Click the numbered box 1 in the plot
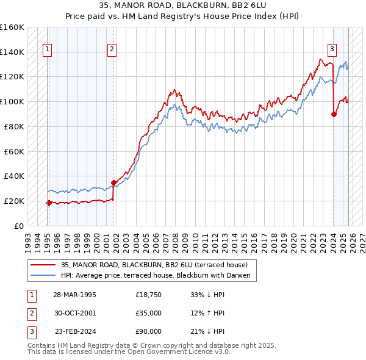click(x=48, y=50)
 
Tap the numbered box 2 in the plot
click(x=112, y=50)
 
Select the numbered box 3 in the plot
click(x=332, y=50)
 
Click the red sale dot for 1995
click(x=49, y=203)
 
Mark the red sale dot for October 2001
click(x=113, y=182)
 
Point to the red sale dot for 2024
click(x=334, y=113)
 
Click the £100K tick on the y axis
click(x=12, y=101)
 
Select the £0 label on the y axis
click(x=19, y=226)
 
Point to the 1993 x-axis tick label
click(x=27, y=239)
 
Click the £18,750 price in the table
click(x=149, y=295)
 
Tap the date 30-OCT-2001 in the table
click(x=74, y=313)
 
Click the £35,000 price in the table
click(x=149, y=313)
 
